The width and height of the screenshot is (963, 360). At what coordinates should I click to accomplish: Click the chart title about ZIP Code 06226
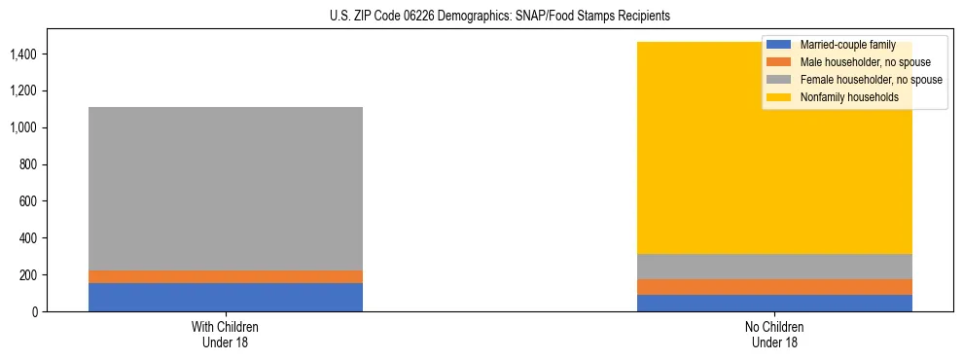(x=481, y=17)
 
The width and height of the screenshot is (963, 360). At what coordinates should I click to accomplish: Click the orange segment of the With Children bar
(x=226, y=276)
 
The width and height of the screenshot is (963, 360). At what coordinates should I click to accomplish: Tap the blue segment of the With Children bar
(x=226, y=297)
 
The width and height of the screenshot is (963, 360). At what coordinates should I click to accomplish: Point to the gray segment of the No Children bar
(x=775, y=267)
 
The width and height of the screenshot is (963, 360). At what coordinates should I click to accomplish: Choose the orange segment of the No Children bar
(x=775, y=287)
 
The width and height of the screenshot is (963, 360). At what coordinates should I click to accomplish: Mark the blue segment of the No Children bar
(x=775, y=303)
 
